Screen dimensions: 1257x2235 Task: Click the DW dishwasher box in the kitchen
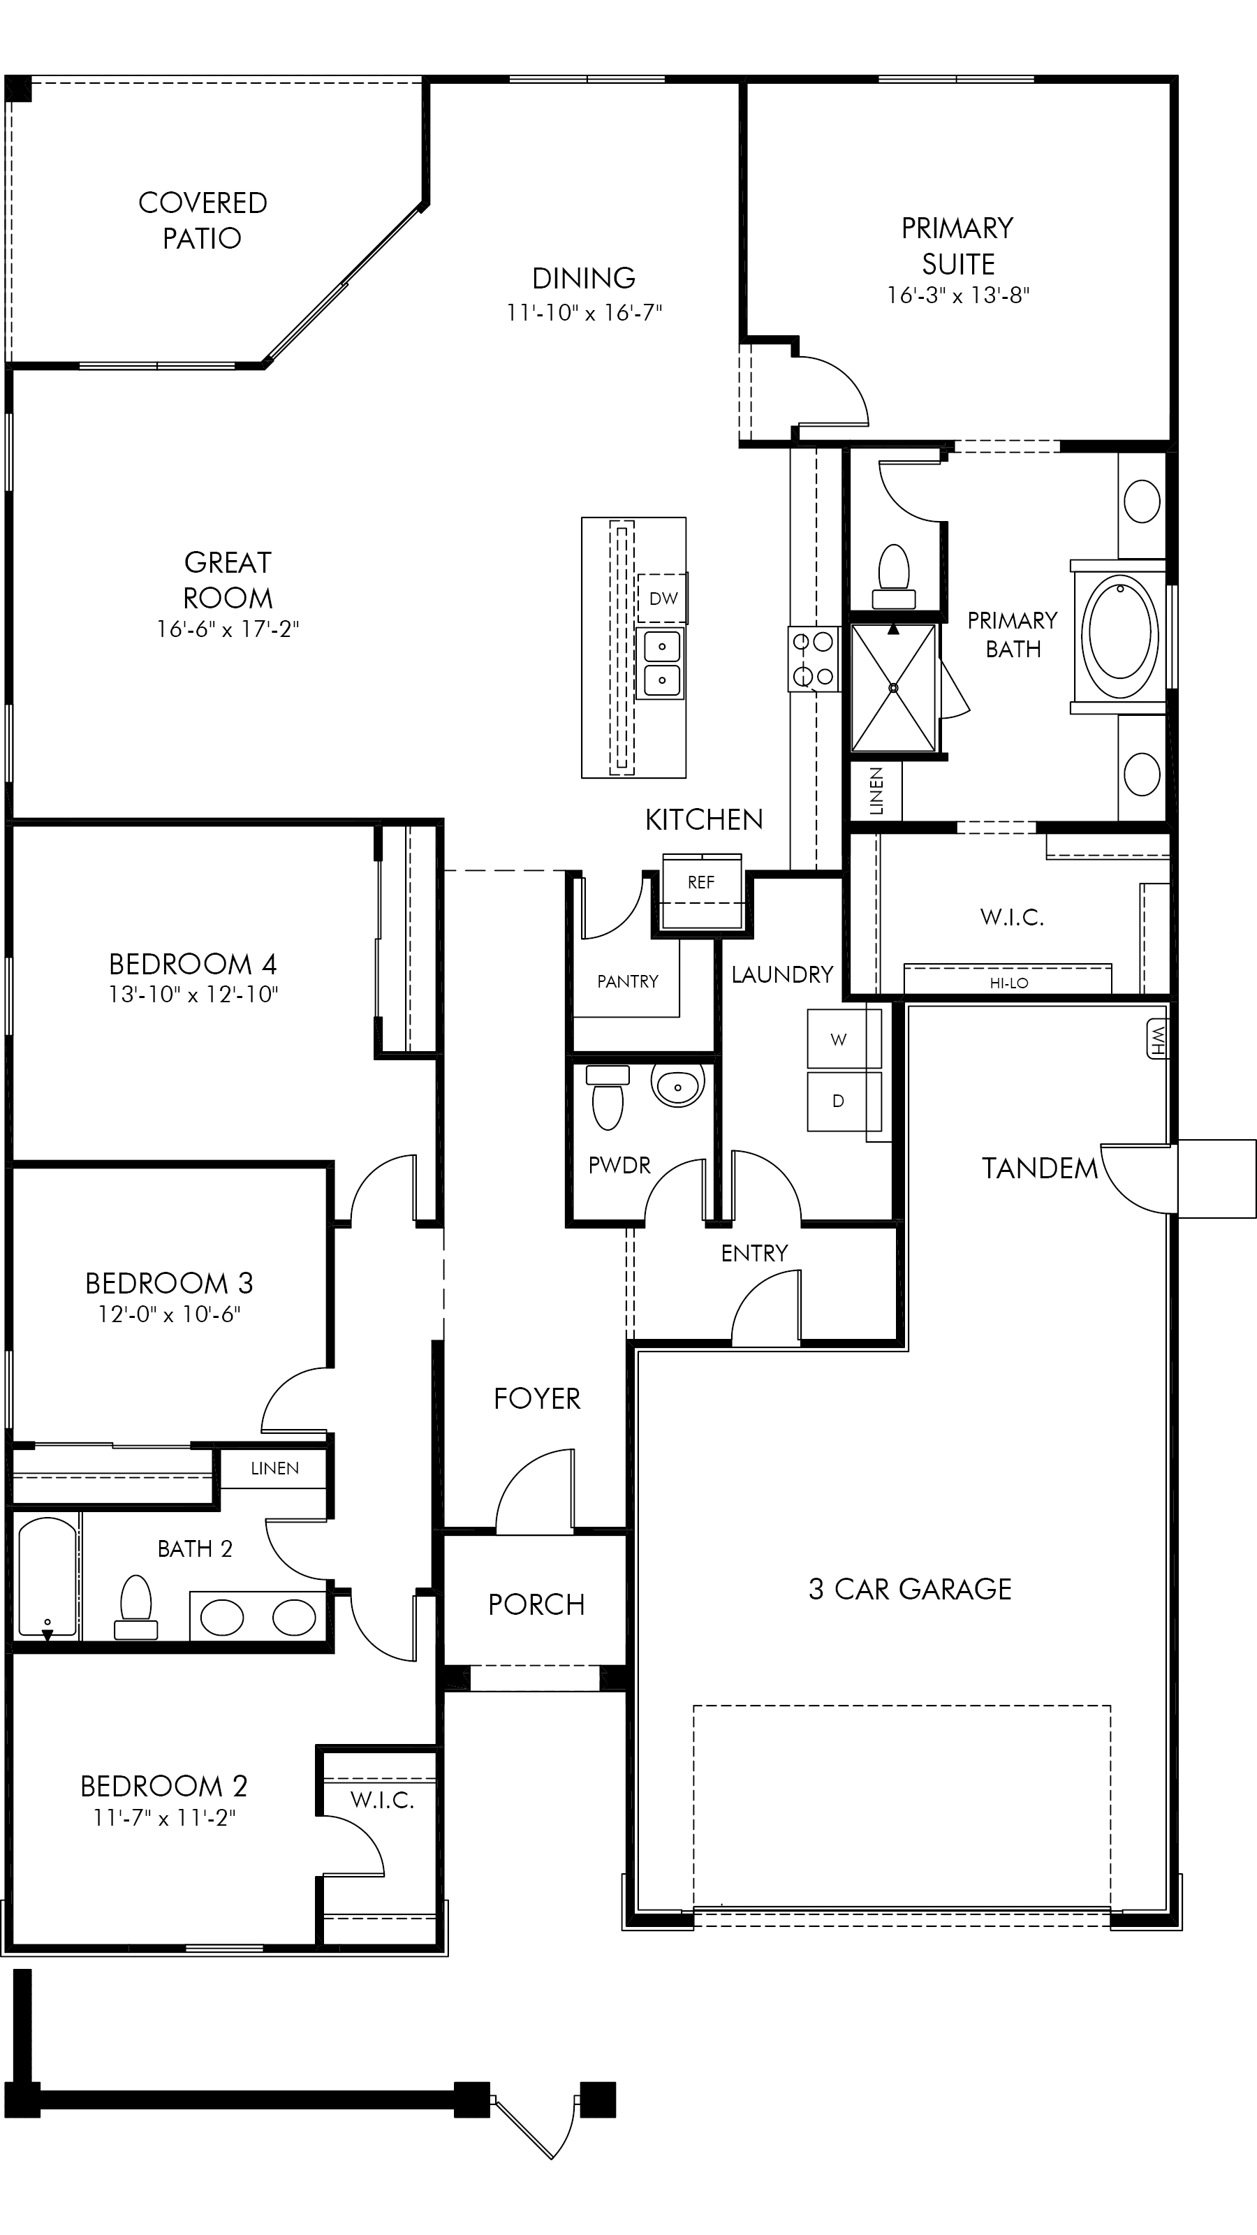pos(663,598)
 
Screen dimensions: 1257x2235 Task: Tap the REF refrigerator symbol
pos(702,881)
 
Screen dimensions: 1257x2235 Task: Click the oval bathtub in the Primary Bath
pos(1120,633)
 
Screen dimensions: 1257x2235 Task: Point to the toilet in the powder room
pos(608,1097)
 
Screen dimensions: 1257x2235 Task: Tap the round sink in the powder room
pos(678,1085)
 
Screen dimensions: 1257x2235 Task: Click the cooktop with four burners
pos(814,659)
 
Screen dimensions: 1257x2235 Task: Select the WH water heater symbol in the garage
pos(1156,1039)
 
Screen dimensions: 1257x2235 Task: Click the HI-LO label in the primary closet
pos(1009,983)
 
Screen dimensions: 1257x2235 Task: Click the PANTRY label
pos(627,981)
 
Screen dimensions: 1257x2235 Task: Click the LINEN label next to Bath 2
pos(275,1468)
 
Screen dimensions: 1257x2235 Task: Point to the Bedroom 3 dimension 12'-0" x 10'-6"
pos(169,1314)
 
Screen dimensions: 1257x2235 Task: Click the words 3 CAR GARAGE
pos(910,1589)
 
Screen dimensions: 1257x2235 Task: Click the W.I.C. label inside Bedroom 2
pos(382,1799)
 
